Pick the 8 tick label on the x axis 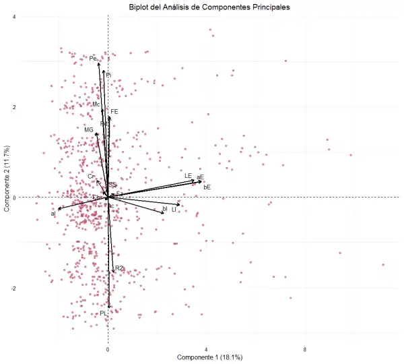click(x=305, y=349)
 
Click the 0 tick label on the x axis click(x=108, y=349)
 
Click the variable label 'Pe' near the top click(x=93, y=59)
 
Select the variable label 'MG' click(x=89, y=129)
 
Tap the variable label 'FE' click(x=114, y=111)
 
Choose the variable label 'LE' click(x=189, y=176)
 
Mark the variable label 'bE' click(x=207, y=187)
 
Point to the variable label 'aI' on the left click(x=53, y=214)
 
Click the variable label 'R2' click(x=119, y=268)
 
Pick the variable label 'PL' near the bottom click(x=104, y=313)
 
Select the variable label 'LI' click(x=174, y=210)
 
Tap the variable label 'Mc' click(x=96, y=104)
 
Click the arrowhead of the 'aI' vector click(x=59, y=209)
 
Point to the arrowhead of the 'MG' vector click(x=96, y=134)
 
